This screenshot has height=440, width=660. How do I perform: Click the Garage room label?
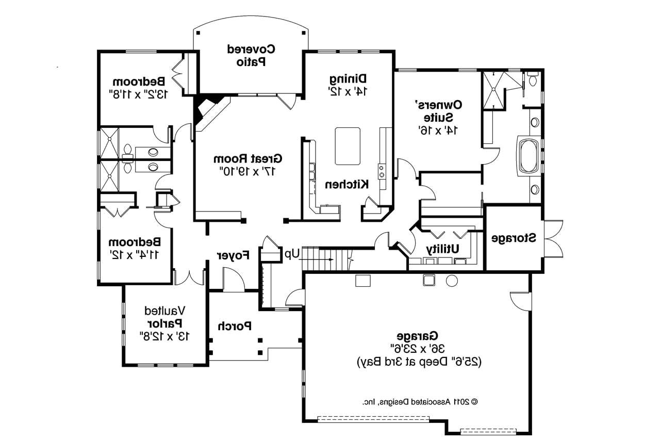point(417,336)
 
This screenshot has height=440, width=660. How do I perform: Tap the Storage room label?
point(514,238)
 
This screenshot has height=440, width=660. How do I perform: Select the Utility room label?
point(442,249)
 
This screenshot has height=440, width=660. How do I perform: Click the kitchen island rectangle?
point(348,146)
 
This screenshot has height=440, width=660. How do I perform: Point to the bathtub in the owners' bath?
point(529,156)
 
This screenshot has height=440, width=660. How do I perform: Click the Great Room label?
point(247,158)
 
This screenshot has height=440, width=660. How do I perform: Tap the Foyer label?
point(233,255)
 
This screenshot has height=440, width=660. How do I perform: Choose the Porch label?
point(235,326)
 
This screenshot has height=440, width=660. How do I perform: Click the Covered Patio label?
point(251,55)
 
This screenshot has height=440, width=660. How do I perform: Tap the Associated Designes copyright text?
point(420,401)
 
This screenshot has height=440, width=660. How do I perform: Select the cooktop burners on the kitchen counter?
point(382,171)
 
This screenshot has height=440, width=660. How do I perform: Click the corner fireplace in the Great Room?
point(210,110)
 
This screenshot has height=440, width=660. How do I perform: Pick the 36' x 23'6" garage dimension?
point(418,349)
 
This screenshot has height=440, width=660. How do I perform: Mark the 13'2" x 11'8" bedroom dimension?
point(138,94)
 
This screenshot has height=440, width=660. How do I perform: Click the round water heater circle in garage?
point(452,281)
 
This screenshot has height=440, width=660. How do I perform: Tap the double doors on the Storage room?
point(554,239)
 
